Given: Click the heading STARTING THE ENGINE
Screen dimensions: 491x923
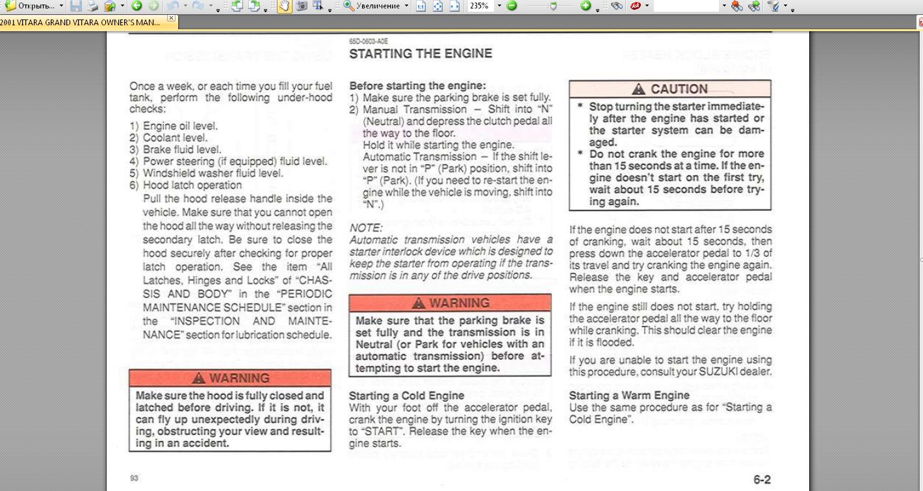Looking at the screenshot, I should point(421,53).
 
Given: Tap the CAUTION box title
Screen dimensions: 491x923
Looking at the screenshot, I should point(679,90).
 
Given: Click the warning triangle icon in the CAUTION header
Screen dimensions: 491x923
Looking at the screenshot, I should point(639,90).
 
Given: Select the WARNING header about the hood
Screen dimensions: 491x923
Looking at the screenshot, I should point(230,378).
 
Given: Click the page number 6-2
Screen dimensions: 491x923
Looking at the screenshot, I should point(762,480).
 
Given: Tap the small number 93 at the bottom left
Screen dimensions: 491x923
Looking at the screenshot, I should point(134,479).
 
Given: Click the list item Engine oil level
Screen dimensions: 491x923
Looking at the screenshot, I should point(180,126).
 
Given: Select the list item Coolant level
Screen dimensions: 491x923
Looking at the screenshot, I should point(175,138).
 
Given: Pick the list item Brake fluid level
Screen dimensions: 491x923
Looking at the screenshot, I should point(182,149).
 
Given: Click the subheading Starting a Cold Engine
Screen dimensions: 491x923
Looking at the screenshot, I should point(407,396).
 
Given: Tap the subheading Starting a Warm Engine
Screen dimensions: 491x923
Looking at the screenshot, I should point(629,396).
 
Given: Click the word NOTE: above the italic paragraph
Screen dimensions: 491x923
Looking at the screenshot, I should point(366,228).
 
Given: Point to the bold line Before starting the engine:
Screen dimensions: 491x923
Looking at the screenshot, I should point(417,86).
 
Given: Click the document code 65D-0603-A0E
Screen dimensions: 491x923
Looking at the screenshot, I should point(369,41).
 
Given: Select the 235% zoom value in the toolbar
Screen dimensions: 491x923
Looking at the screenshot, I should point(479,6).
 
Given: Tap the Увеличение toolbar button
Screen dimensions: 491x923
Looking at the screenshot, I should point(376,6).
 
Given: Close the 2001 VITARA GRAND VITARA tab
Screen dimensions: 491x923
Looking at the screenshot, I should point(172,18).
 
